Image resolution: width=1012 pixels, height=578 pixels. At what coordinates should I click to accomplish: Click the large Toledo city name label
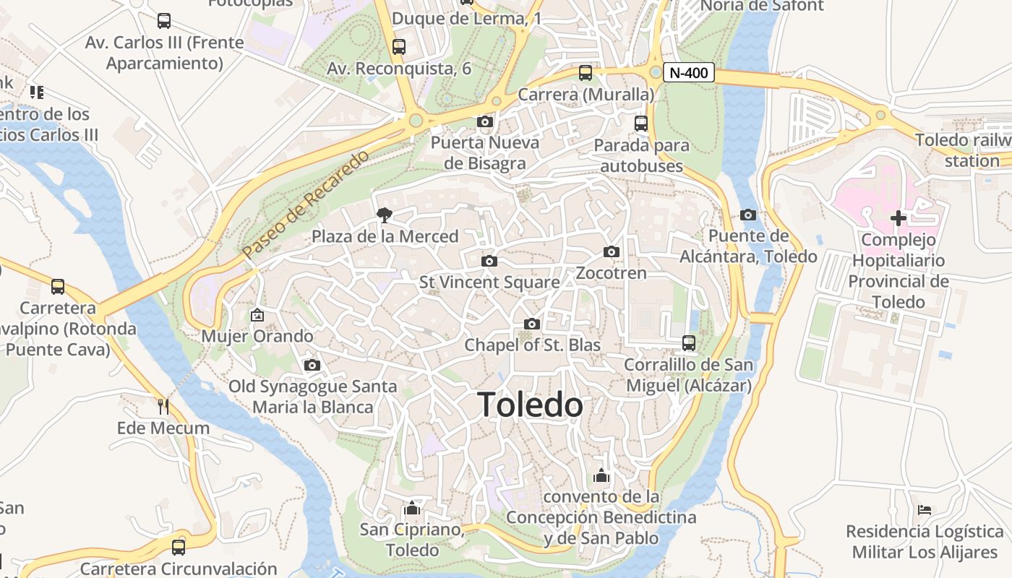530,405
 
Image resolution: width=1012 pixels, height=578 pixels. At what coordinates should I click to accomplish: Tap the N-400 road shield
689,72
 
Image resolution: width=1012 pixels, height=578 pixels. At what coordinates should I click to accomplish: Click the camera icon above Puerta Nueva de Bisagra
484,121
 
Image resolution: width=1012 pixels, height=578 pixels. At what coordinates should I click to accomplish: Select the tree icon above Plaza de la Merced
385,215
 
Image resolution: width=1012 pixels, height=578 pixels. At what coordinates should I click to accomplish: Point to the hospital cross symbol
899,217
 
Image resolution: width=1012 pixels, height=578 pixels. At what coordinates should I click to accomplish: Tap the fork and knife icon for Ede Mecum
163,407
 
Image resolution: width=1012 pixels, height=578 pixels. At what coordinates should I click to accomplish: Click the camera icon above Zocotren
612,252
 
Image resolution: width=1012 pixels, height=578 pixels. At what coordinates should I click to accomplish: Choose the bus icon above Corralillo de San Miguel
688,343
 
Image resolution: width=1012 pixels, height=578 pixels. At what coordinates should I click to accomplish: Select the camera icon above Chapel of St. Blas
532,324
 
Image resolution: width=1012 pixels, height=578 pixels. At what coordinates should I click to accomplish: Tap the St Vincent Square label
489,282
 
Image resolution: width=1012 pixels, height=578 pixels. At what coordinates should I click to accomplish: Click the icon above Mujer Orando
257,315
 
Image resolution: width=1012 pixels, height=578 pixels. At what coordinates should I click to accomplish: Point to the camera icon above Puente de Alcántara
748,215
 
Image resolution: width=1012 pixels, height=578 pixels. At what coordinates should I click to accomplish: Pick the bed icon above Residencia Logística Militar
925,510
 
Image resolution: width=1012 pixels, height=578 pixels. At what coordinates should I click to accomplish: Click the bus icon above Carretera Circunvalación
179,547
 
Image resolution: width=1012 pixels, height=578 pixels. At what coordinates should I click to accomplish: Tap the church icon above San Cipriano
412,508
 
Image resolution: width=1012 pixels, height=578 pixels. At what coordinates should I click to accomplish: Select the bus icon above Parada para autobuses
641,124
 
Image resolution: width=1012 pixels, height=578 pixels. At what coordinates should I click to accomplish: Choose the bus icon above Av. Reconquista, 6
399,47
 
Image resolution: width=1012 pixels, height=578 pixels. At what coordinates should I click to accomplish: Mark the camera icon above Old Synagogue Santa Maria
312,366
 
